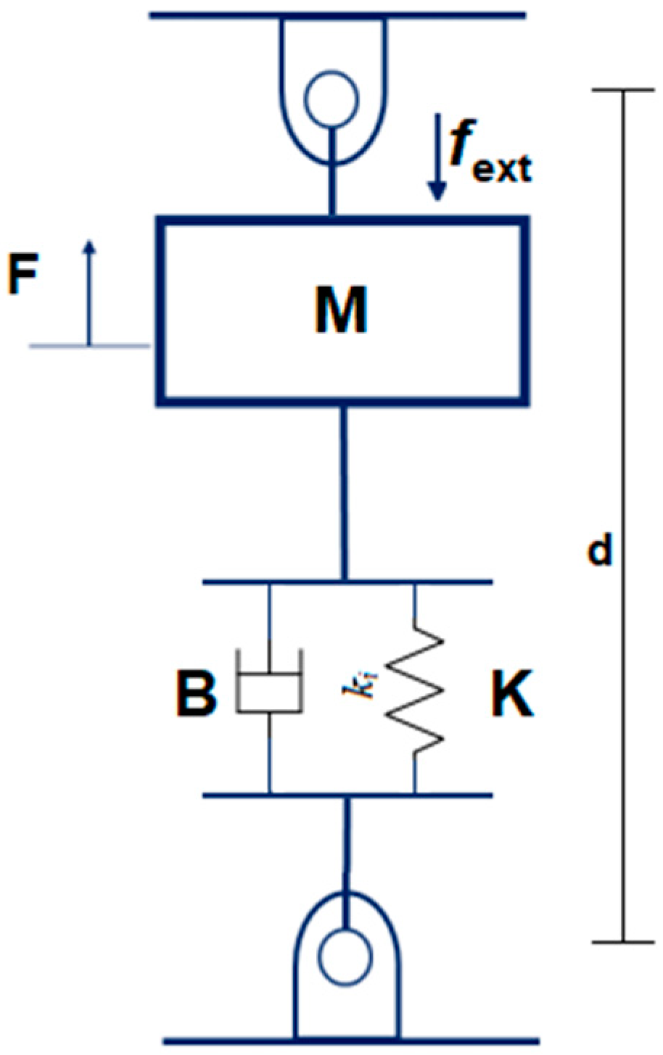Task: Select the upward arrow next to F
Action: click(x=88, y=290)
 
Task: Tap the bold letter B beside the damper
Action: click(x=196, y=694)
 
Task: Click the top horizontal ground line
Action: click(x=337, y=14)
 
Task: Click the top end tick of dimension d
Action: click(x=622, y=90)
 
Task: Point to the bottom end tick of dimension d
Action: click(x=622, y=942)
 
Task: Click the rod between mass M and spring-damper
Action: click(x=345, y=493)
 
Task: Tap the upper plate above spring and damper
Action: click(x=347, y=582)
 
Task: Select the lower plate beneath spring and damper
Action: click(x=347, y=795)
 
